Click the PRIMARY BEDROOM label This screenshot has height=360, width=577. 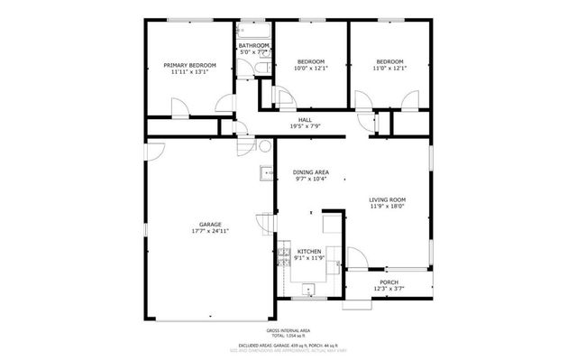190,65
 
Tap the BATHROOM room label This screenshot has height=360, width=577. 254,45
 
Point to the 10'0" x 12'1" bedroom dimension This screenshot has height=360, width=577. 310,69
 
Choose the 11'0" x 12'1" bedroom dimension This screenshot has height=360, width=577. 389,69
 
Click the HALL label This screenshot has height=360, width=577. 306,119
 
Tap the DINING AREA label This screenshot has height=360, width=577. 310,171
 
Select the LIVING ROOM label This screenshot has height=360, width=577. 387,199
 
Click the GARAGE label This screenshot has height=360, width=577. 210,225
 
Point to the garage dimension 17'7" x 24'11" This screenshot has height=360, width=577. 210,232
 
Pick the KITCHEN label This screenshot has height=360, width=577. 309,252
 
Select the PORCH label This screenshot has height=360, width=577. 389,282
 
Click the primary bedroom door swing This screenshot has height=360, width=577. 180,108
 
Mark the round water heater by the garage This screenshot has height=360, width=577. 264,146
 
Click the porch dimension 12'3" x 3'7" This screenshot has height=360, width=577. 389,289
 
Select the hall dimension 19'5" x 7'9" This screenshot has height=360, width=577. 306,126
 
